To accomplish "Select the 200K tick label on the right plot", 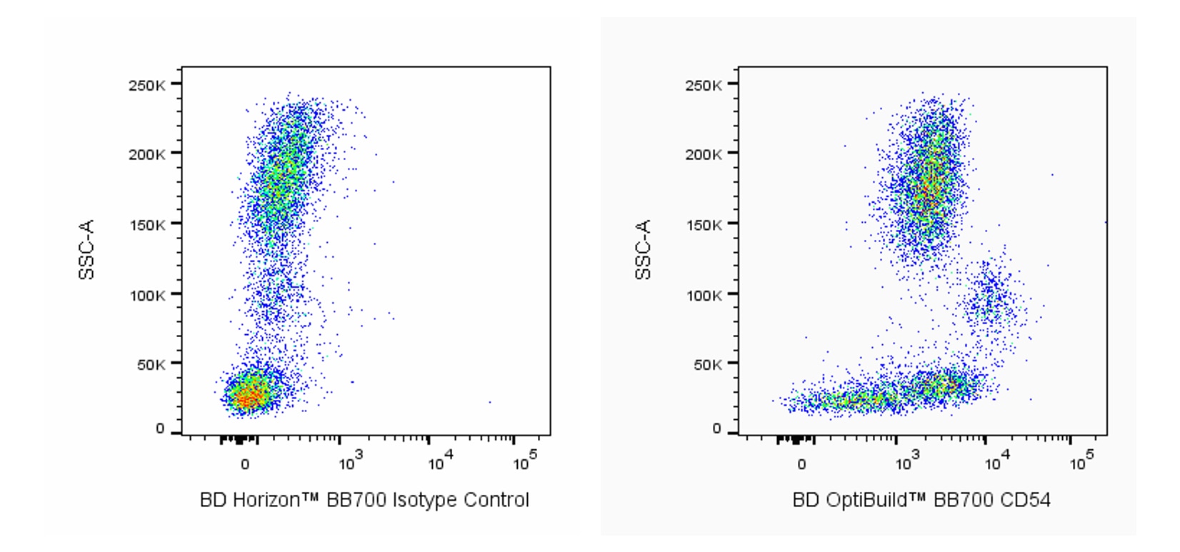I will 703,154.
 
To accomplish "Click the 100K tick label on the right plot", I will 703,295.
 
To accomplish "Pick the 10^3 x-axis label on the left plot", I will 351,463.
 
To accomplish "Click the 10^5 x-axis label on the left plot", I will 525,463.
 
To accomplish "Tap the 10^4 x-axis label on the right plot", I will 994,463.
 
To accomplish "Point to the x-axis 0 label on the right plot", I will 801,464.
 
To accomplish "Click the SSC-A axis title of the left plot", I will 86,250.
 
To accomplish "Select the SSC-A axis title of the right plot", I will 643,250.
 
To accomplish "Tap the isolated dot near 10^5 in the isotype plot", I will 490,402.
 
